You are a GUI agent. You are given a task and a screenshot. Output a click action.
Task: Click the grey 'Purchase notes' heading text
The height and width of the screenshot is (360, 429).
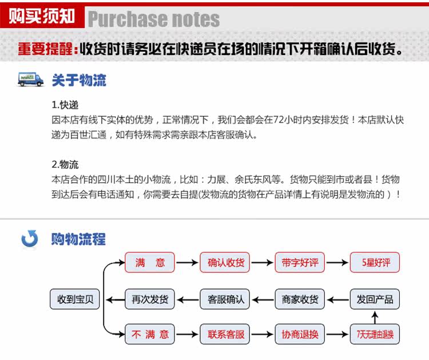tap(153, 19)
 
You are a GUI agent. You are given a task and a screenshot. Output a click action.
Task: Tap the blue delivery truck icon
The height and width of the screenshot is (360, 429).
tap(31, 80)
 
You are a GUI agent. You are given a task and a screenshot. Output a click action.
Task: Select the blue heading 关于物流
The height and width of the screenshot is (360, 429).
tap(79, 80)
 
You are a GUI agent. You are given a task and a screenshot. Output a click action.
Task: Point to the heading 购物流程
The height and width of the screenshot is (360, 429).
tap(78, 239)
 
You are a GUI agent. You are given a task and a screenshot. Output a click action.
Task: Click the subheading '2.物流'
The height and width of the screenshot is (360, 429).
tap(65, 164)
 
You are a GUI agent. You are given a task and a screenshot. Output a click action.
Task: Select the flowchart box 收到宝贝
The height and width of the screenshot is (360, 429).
tap(75, 299)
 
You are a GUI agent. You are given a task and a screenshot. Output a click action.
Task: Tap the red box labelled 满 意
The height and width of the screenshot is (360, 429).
tap(150, 263)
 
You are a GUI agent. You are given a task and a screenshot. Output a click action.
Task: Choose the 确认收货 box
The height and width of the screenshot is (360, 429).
tap(225, 263)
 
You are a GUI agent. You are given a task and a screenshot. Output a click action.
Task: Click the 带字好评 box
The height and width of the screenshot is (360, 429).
tap(300, 263)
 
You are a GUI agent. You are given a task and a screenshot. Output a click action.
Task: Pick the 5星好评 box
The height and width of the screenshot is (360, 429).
tap(375, 263)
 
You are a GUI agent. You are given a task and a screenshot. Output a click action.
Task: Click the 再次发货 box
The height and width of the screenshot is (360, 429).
tap(150, 299)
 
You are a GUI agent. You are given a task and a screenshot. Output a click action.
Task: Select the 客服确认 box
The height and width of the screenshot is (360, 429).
tap(225, 299)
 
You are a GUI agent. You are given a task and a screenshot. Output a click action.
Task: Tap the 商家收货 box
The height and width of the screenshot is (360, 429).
tap(300, 299)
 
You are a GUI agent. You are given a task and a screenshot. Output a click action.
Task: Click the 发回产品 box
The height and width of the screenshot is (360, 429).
tap(375, 299)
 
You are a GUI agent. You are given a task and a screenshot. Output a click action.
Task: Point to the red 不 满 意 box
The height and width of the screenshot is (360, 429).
tap(150, 334)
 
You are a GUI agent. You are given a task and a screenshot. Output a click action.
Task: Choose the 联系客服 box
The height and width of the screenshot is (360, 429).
tap(225, 334)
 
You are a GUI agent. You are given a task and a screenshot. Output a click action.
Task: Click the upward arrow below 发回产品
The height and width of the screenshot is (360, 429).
tap(375, 317)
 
